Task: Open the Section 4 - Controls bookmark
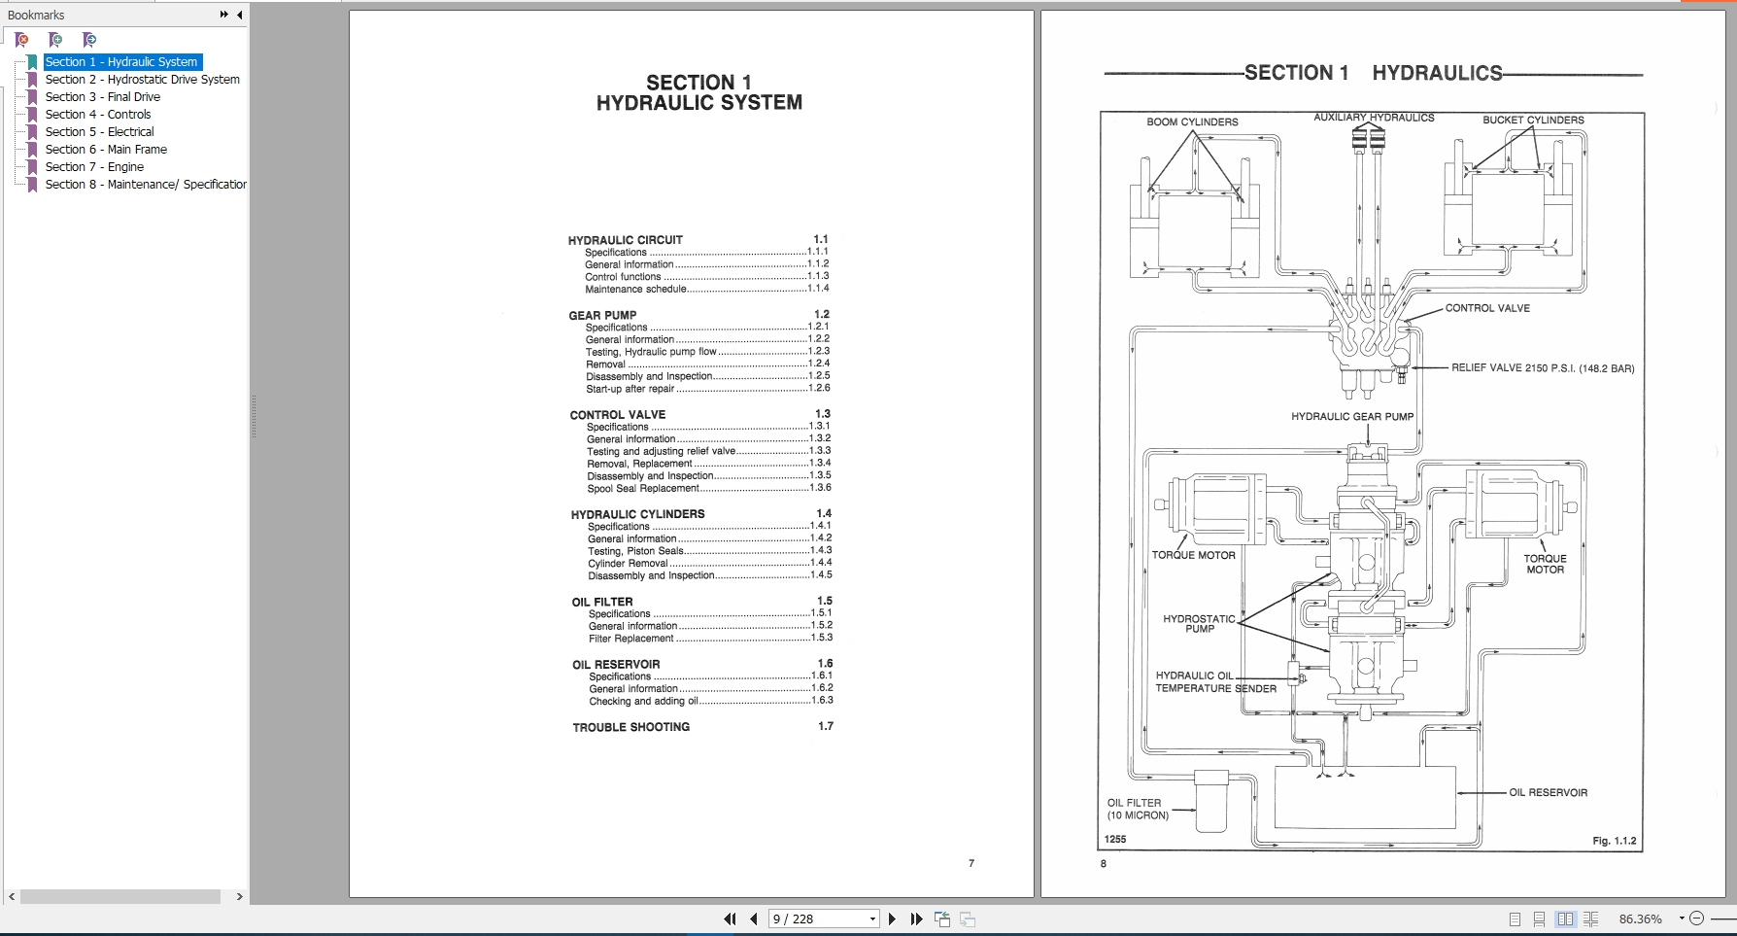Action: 97,115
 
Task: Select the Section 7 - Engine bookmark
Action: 93,167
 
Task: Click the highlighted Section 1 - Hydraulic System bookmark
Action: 121,62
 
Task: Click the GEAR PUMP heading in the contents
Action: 602,315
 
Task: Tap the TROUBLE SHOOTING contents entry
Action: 630,727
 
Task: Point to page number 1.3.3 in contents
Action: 820,451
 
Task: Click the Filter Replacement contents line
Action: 630,639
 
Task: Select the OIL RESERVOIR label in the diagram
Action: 1548,793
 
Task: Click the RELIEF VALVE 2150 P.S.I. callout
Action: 1542,368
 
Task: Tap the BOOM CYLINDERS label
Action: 1192,122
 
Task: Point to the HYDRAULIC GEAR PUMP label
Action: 1351,417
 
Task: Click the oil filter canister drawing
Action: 1211,801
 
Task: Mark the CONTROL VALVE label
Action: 1486,308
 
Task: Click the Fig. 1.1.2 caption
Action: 1614,841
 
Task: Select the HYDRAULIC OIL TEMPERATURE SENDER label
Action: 1214,682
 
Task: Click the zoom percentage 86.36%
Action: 1640,919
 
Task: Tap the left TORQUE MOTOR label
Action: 1193,556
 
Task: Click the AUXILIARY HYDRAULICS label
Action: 1374,118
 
